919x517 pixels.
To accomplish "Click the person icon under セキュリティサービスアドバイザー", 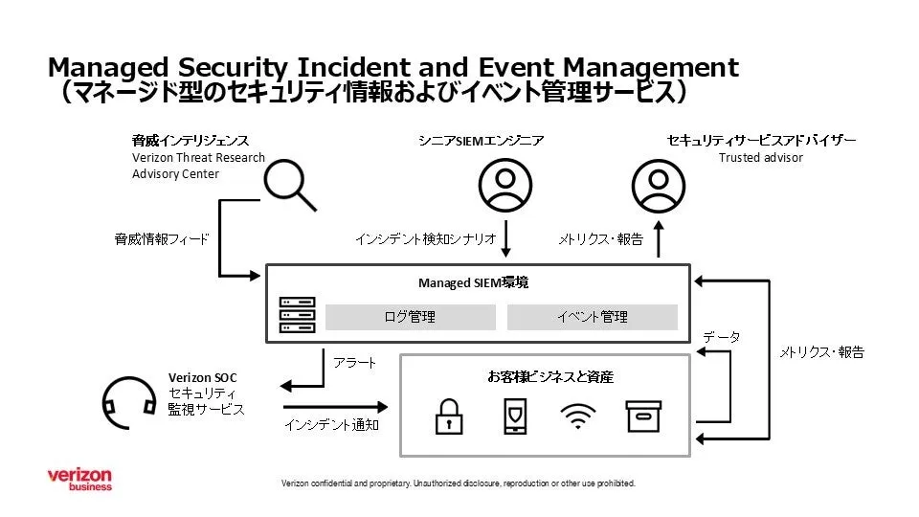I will point(659,184).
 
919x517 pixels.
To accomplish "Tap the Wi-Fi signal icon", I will point(576,416).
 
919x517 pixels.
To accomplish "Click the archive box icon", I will point(643,416).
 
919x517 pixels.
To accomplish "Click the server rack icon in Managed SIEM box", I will point(297,315).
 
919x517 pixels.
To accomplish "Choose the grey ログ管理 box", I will point(411,317).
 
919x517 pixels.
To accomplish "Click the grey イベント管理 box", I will point(592,317).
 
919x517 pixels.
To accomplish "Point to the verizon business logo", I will point(79,480).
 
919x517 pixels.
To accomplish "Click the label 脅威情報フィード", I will point(162,239).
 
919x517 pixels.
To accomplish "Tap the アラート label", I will point(354,364).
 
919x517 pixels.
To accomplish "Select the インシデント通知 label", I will point(331,424).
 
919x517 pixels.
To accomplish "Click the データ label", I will point(721,338).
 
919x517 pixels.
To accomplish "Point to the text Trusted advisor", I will point(761,158).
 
